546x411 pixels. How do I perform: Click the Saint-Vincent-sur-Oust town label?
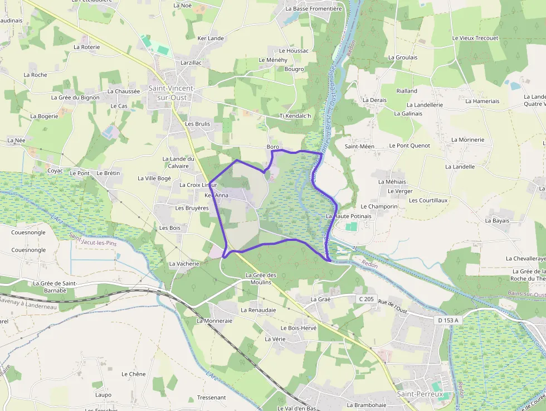(x=171, y=93)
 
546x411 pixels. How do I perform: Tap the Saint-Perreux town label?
(x=420, y=394)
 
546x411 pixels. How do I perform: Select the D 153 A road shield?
(x=448, y=320)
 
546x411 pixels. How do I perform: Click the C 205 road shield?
(x=365, y=299)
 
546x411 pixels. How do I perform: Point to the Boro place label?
(x=272, y=147)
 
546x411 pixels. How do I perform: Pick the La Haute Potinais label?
(x=349, y=216)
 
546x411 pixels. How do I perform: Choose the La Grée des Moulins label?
(x=261, y=279)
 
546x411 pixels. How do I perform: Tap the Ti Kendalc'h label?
(x=295, y=116)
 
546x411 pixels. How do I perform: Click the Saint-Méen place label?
(x=359, y=147)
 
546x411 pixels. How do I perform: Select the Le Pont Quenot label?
(x=409, y=146)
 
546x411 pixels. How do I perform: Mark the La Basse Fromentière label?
(x=314, y=9)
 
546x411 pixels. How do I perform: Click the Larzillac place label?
(x=191, y=63)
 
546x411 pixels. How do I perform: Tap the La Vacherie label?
(x=184, y=264)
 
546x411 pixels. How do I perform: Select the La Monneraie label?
(x=214, y=321)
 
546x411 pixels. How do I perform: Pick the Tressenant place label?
(x=212, y=398)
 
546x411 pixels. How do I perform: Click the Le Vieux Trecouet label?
(x=475, y=38)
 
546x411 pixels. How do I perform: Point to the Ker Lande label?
(x=211, y=38)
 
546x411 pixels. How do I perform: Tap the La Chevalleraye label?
(x=525, y=259)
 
